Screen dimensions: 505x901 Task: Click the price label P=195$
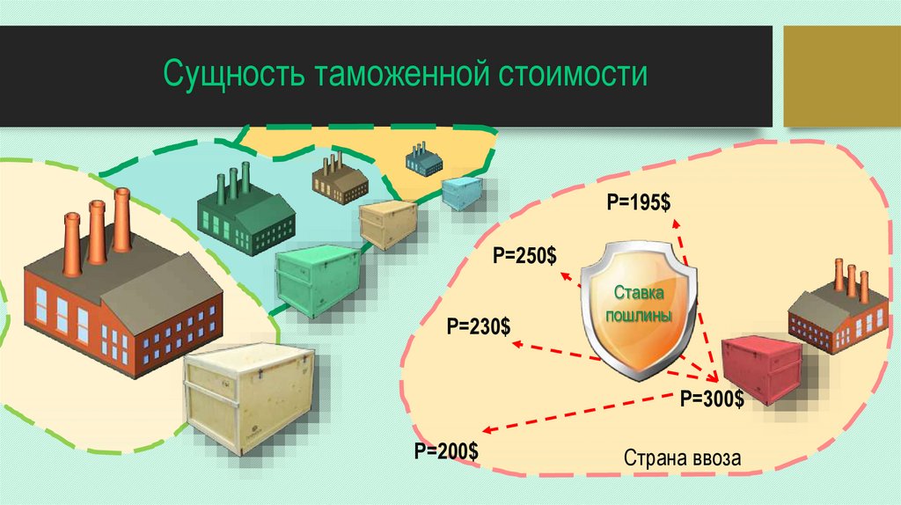pos(638,201)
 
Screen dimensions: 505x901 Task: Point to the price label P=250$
pos(524,256)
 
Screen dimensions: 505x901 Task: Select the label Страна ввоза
pos(683,458)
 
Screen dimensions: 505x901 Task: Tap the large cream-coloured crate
pos(250,398)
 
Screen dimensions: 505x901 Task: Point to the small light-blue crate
pos(462,192)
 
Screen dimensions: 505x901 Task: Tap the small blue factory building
pos(423,159)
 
